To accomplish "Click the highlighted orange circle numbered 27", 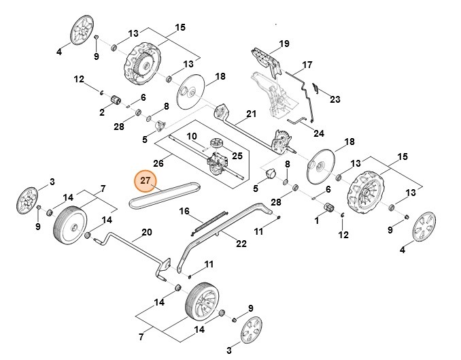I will [x=145, y=180].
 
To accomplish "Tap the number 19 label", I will [x=284, y=44].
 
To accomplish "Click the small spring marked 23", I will [x=315, y=88].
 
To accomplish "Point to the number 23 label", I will [x=335, y=99].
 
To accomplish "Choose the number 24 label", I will [x=319, y=133].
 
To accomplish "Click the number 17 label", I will [x=307, y=65].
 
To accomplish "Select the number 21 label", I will [x=251, y=114].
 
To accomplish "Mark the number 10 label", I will [x=192, y=136].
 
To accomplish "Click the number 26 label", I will [x=158, y=163].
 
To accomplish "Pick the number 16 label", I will [x=184, y=212].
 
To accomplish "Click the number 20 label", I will [x=146, y=232].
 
